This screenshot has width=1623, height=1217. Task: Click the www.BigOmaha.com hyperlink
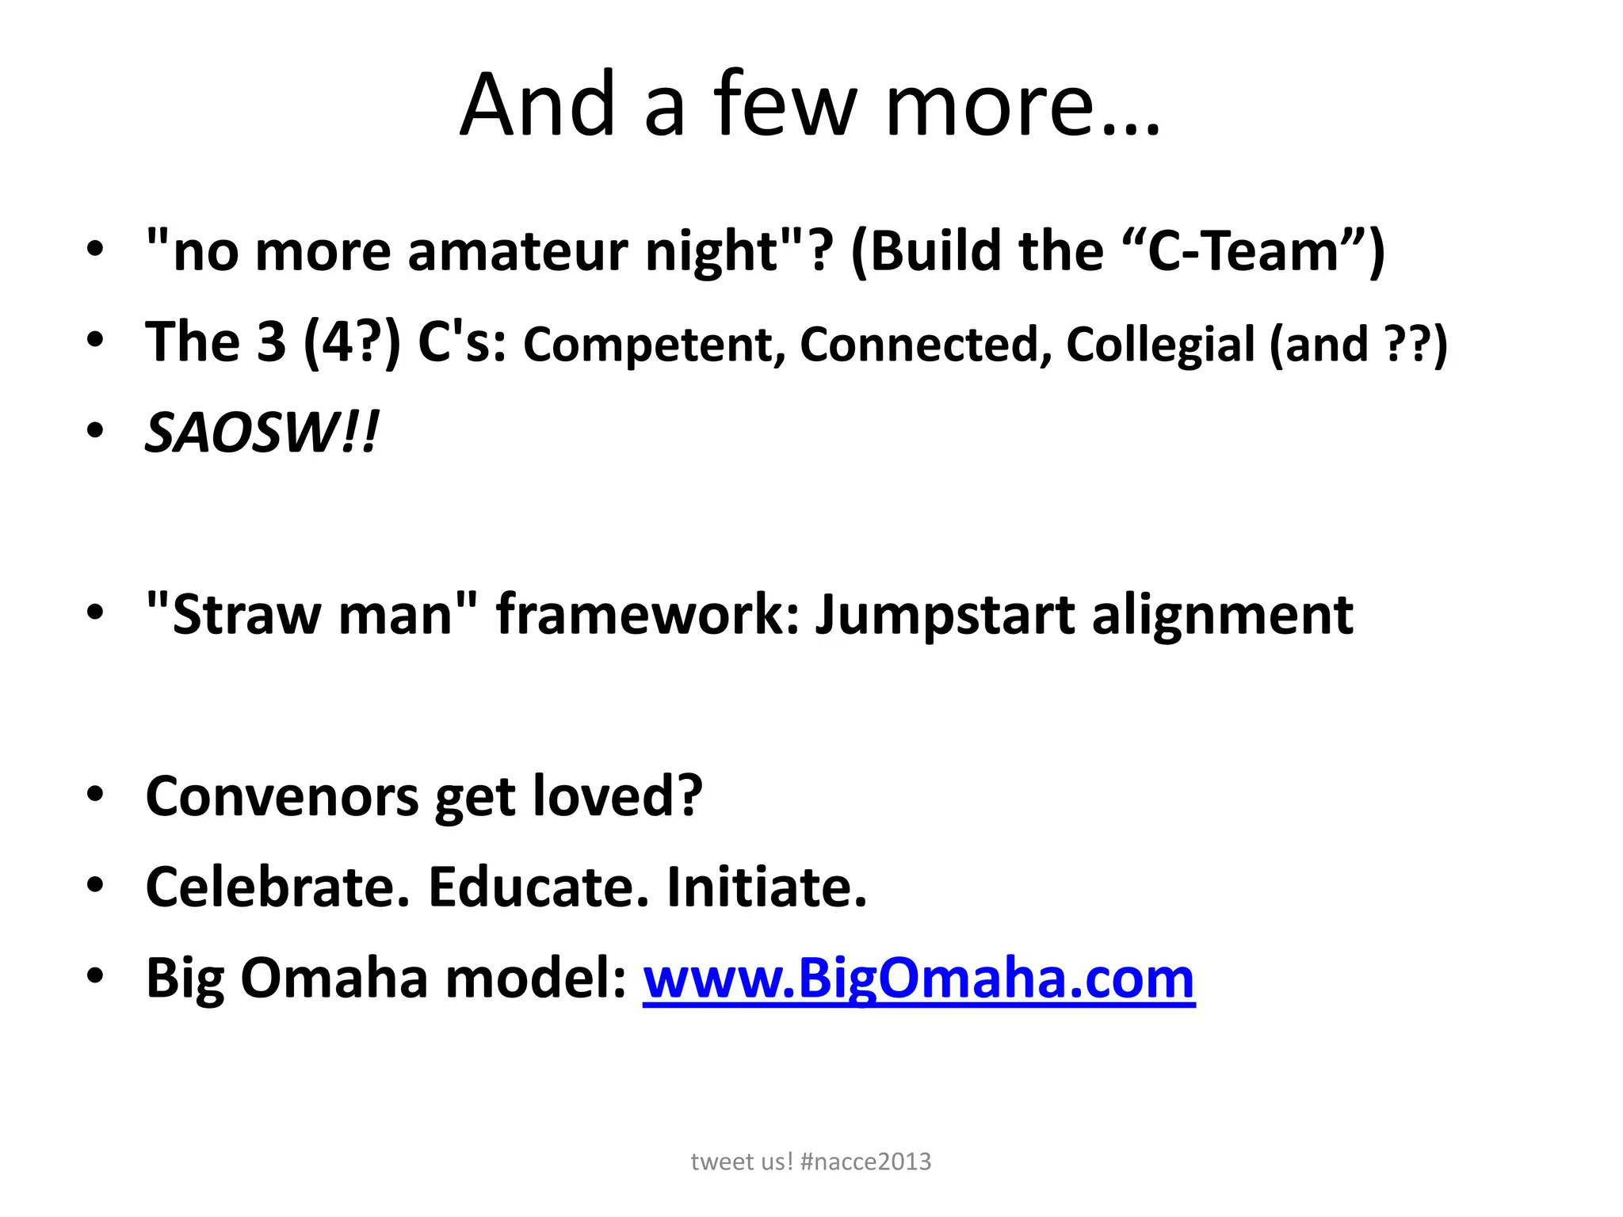coord(918,978)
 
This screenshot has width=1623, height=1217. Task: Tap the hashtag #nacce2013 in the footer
coord(865,1162)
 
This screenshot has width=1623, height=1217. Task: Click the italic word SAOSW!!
coord(262,433)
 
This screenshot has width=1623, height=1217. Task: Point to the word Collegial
coord(1160,345)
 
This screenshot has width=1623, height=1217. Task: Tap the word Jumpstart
coord(945,616)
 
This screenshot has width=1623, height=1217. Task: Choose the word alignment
coord(1222,616)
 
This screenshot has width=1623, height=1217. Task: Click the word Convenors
coord(281,796)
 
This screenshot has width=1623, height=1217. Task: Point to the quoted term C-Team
coord(1242,251)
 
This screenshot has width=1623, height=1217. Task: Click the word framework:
coord(648,615)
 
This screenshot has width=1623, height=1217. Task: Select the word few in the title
coord(785,105)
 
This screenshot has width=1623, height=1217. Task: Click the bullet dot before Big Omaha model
coord(95,977)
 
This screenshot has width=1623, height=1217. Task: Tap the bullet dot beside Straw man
coord(95,614)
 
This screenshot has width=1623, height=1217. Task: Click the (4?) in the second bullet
coord(351,343)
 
